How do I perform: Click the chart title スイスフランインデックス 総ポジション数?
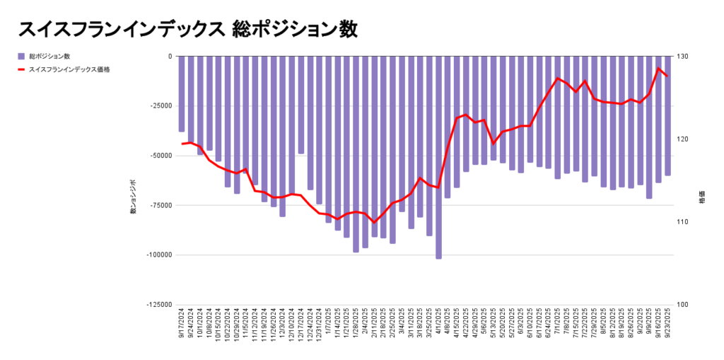187,29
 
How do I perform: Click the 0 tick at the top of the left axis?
169,57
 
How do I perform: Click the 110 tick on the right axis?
683,222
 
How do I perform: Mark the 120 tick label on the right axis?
683,139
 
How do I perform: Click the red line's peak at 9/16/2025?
659,69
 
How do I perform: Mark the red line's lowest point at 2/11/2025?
375,222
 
